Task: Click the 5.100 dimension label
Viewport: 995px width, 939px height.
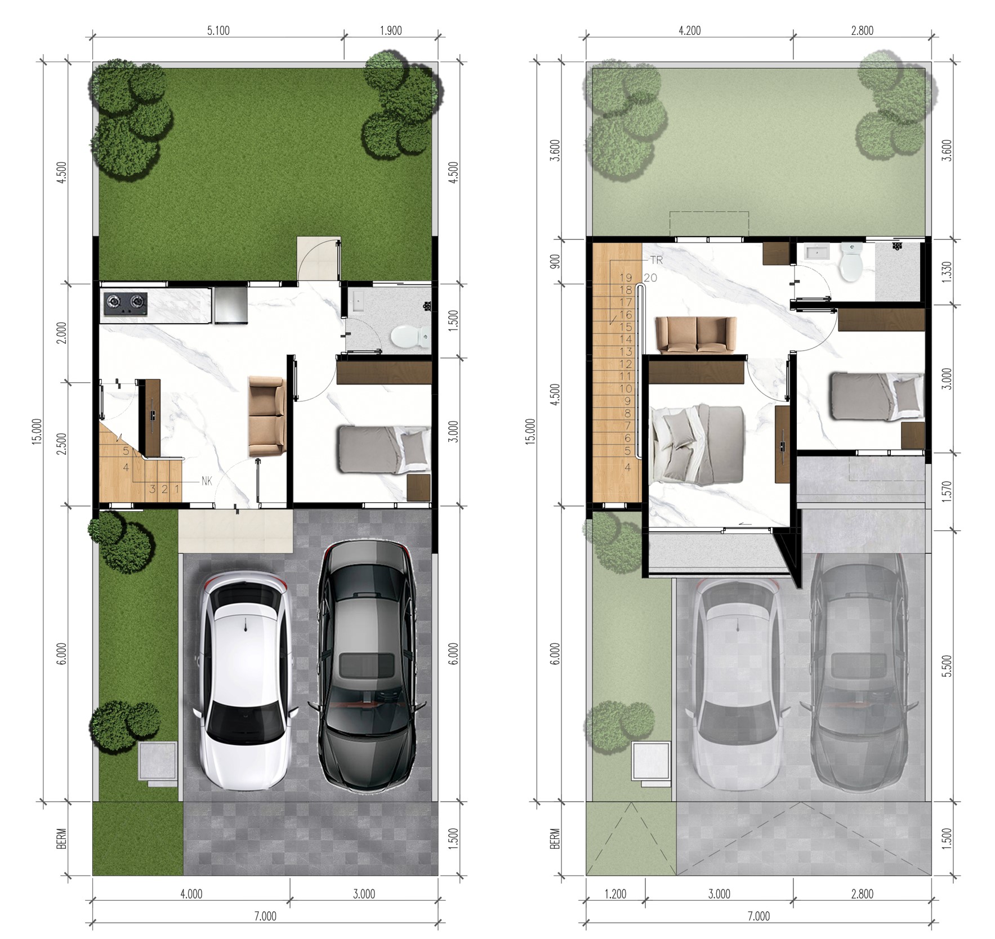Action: pyautogui.click(x=218, y=30)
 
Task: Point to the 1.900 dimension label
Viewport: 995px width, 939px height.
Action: pyautogui.click(x=391, y=30)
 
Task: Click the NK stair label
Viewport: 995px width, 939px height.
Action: pyautogui.click(x=207, y=481)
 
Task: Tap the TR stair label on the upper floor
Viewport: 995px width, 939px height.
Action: pyautogui.click(x=657, y=260)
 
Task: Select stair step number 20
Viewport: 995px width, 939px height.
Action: pyautogui.click(x=650, y=278)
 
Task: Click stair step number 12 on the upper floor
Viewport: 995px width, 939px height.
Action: pyautogui.click(x=626, y=364)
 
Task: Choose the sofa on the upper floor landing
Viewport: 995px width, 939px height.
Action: pyautogui.click(x=697, y=336)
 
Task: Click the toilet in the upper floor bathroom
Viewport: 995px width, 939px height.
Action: pyautogui.click(x=853, y=261)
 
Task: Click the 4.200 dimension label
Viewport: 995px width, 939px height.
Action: pyautogui.click(x=689, y=30)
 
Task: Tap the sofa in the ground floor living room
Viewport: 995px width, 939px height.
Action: pyautogui.click(x=267, y=416)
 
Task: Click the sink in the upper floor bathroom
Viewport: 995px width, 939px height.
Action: pyautogui.click(x=818, y=253)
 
